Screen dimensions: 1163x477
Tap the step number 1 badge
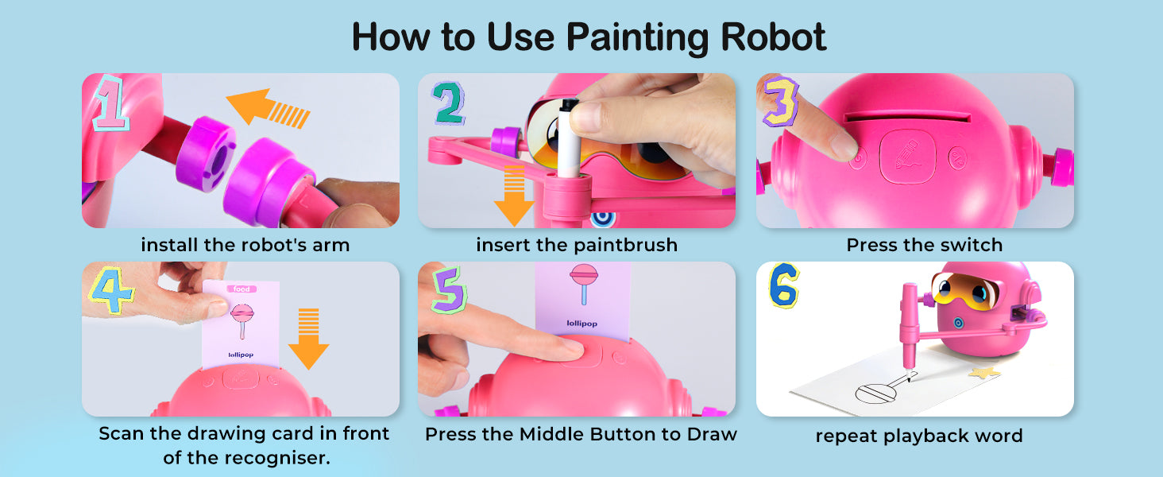pyautogui.click(x=110, y=103)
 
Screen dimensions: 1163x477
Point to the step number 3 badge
pyautogui.click(x=780, y=102)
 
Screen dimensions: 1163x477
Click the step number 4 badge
pyautogui.click(x=111, y=290)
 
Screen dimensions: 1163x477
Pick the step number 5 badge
pyautogui.click(x=449, y=289)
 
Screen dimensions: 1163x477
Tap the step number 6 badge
pyautogui.click(x=783, y=285)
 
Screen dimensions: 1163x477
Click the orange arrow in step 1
pyautogui.click(x=268, y=108)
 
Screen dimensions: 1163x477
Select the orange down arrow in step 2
pyautogui.click(x=514, y=196)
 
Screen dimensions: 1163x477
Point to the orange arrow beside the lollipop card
pyautogui.click(x=308, y=339)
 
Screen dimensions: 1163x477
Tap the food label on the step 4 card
pyautogui.click(x=241, y=289)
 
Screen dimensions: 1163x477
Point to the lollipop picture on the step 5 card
pyautogui.click(x=584, y=283)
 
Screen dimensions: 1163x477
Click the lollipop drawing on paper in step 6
pyautogui.click(x=883, y=389)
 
